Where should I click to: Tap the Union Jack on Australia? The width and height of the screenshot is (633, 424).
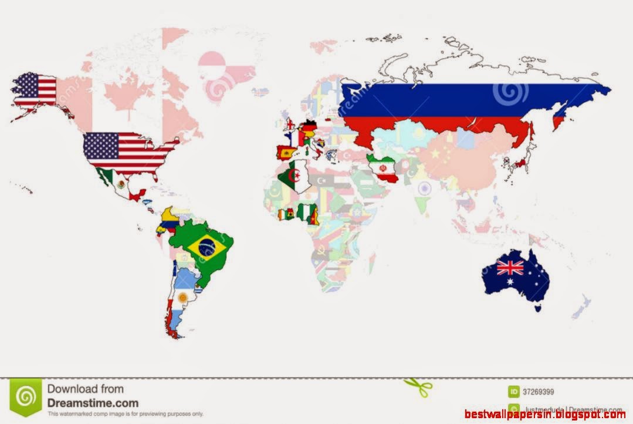tap(510, 268)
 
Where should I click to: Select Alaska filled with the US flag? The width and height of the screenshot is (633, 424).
tap(35, 91)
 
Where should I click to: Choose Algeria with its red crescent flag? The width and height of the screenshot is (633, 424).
tap(293, 177)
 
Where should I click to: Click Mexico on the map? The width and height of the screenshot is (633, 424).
tap(120, 183)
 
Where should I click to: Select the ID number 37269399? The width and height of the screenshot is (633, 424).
tap(539, 392)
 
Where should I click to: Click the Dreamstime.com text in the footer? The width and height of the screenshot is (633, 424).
tap(93, 403)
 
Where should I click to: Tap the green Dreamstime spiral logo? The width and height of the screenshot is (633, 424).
tap(26, 398)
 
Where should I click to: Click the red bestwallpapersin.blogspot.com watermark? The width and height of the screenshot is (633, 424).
tap(545, 415)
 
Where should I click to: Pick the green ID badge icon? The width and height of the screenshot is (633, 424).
tap(514, 392)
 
